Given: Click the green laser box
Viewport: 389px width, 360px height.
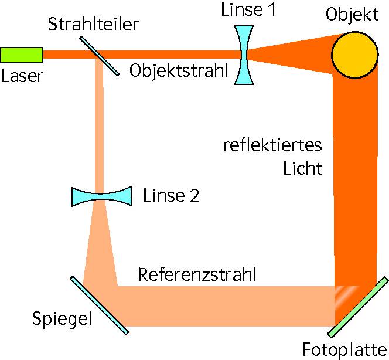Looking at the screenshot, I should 21,55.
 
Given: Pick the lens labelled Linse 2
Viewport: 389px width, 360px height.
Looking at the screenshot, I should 101,196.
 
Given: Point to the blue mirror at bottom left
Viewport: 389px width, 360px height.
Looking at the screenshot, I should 99,305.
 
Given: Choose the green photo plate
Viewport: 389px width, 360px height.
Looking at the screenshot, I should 358,307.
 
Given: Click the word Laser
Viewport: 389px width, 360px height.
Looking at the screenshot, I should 22,76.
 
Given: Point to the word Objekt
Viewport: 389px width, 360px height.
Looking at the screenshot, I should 353,14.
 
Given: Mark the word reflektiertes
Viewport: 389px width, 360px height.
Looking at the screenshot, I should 272,145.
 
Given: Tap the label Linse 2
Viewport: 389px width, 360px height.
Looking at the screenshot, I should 171,196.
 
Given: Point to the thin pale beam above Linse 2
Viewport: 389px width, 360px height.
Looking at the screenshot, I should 98,129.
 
